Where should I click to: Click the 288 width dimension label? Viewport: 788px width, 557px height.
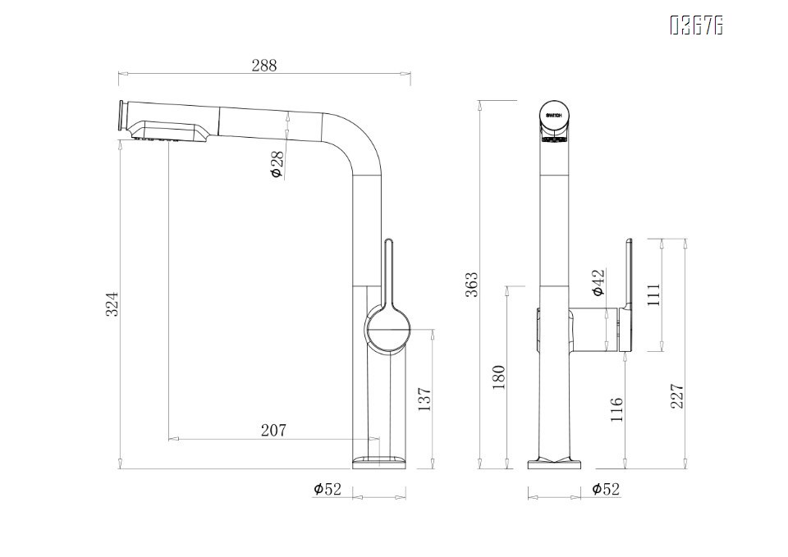[264, 66]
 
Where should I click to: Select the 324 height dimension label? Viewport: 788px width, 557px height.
[114, 304]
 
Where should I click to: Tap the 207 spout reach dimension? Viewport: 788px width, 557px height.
[273, 430]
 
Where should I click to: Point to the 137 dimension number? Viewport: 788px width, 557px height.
[424, 399]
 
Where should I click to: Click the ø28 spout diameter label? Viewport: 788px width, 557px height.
[277, 164]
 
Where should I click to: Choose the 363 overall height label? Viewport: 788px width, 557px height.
[471, 285]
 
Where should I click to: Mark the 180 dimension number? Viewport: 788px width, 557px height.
[497, 377]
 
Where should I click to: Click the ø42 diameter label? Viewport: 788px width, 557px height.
[598, 282]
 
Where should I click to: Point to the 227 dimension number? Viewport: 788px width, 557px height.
[677, 397]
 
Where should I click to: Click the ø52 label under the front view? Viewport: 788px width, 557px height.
[606, 490]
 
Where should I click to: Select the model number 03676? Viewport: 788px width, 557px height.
[696, 26]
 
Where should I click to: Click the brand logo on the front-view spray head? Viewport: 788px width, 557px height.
[555, 116]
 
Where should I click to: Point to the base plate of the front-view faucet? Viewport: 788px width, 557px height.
[555, 463]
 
